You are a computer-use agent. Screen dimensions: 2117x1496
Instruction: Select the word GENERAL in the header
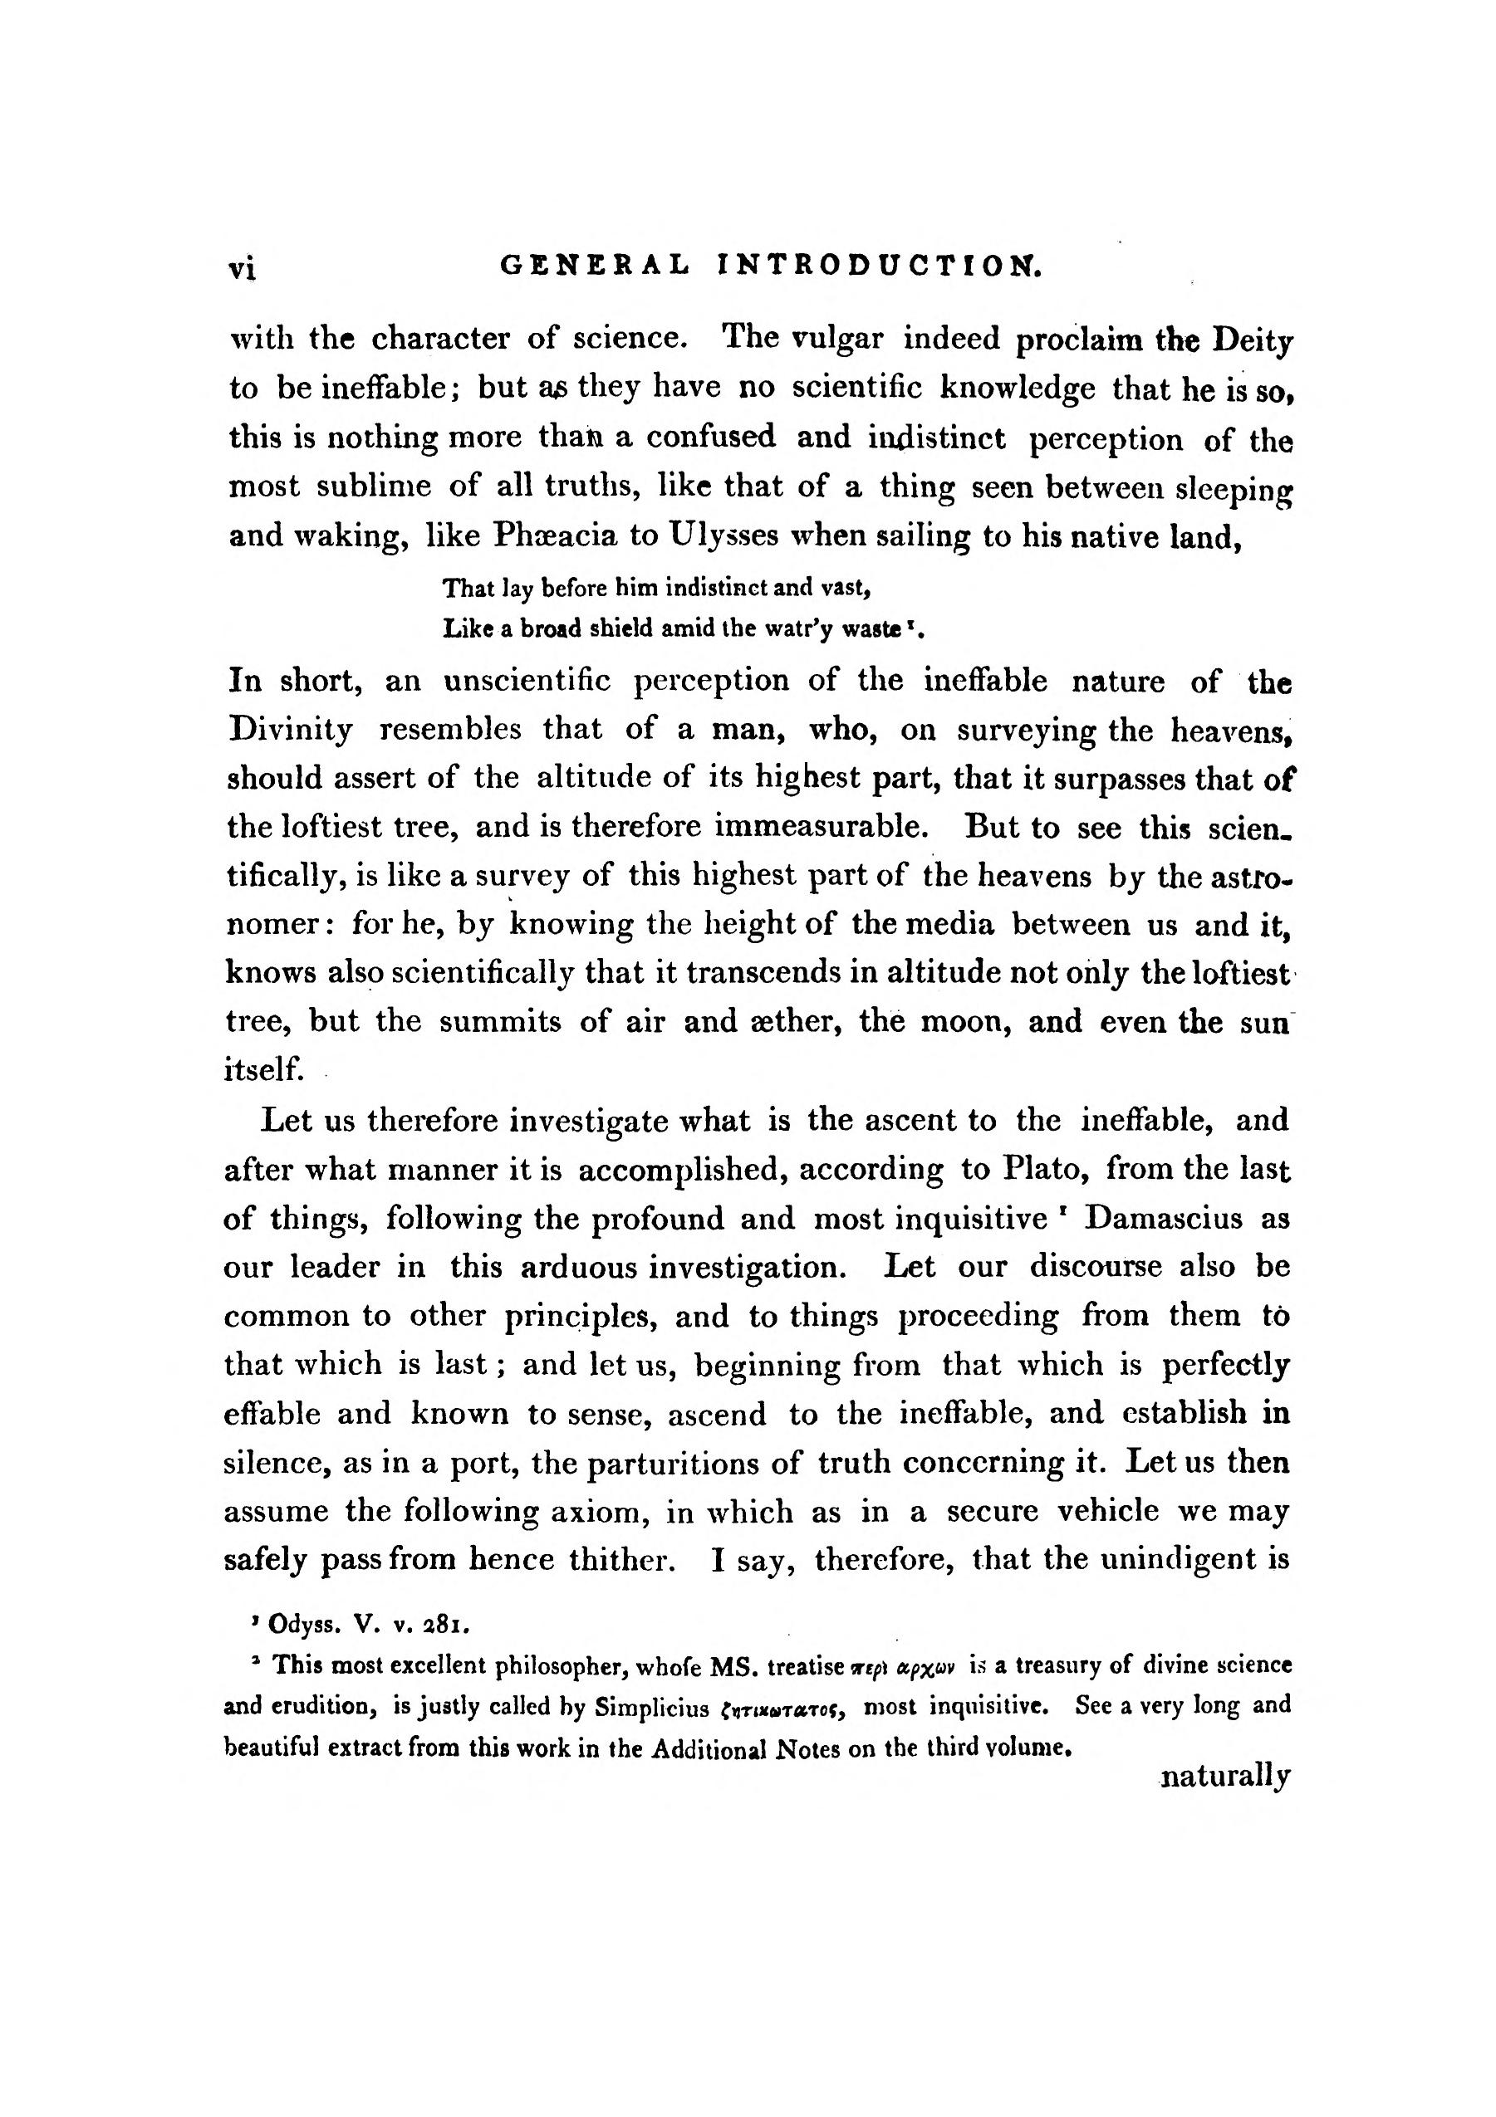click(594, 266)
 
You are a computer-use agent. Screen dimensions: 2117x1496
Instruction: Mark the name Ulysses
click(716, 535)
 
